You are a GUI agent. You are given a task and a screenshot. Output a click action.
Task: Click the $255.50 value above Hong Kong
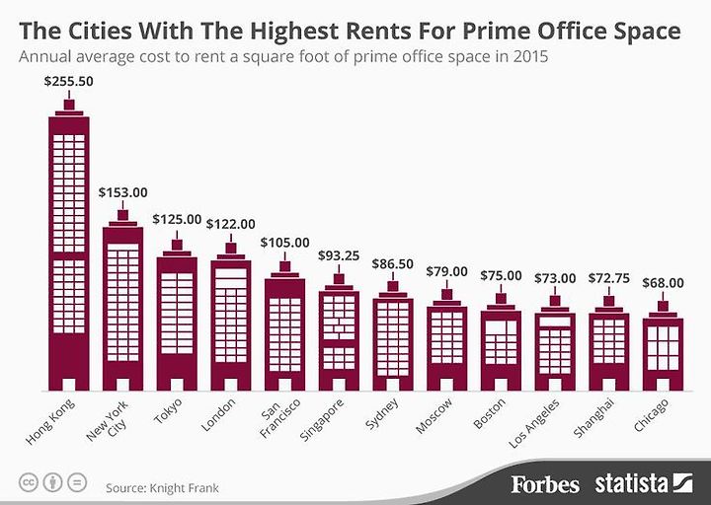(68, 81)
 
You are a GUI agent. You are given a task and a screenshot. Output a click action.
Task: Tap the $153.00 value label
(122, 192)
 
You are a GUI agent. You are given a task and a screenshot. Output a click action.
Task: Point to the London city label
(218, 414)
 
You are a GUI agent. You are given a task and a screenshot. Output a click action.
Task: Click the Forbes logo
(545, 484)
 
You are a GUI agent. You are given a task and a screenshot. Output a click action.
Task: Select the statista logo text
(632, 483)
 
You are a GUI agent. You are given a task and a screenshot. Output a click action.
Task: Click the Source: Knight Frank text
(162, 488)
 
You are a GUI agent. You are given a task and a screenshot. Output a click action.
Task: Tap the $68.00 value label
(663, 283)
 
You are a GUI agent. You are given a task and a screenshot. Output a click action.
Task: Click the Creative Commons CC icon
(28, 482)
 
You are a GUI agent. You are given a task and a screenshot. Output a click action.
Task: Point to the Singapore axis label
(322, 420)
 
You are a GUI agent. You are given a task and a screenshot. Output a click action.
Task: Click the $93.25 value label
(339, 255)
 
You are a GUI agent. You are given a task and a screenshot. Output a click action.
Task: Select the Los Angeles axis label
(534, 424)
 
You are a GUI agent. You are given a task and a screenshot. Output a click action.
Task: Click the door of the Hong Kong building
(68, 384)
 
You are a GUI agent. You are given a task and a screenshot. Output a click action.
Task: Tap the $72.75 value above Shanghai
(609, 278)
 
